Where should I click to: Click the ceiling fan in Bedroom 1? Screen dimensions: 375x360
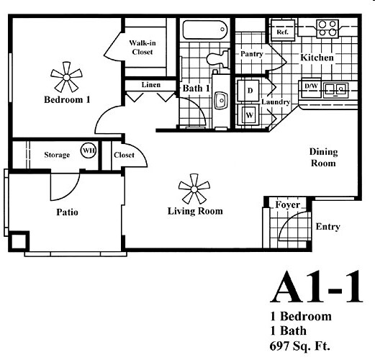click(x=66, y=77)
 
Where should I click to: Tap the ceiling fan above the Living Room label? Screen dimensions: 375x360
click(x=194, y=189)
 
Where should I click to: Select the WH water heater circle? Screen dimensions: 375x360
click(x=88, y=150)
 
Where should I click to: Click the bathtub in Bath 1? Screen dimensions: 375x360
click(x=205, y=30)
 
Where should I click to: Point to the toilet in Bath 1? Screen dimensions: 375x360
click(x=218, y=58)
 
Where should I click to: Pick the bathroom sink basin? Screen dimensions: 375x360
click(x=221, y=100)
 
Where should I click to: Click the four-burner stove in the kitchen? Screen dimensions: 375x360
click(x=327, y=29)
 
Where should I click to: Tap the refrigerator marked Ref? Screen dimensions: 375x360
click(x=283, y=31)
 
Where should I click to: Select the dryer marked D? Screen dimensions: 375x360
click(x=248, y=91)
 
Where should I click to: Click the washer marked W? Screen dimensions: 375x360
click(x=248, y=115)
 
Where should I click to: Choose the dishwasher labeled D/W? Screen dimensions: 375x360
click(x=311, y=88)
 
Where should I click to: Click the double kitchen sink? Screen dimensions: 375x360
click(x=335, y=89)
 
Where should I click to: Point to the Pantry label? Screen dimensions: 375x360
click(x=252, y=54)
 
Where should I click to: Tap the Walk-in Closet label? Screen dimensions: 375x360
click(x=143, y=48)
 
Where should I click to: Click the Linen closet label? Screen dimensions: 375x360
click(x=151, y=85)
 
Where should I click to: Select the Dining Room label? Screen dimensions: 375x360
click(x=323, y=158)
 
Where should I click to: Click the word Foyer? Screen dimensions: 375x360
click(x=287, y=204)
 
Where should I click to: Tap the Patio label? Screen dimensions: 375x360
click(x=67, y=212)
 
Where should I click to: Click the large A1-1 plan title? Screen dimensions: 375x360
click(x=316, y=287)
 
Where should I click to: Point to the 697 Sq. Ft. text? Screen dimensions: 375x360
click(x=300, y=346)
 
